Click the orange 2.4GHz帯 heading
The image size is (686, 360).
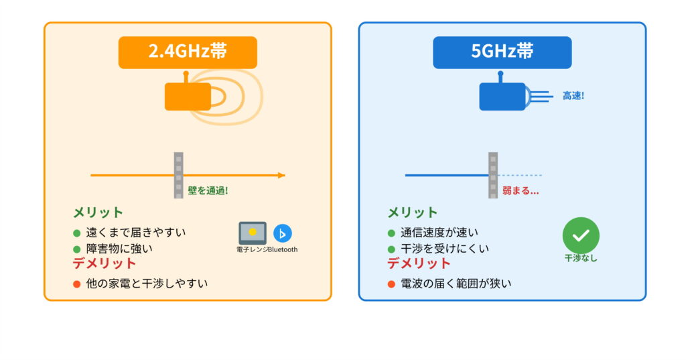(188, 52)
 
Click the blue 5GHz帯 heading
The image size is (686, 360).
(502, 52)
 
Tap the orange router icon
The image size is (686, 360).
(188, 97)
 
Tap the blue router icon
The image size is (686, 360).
(502, 97)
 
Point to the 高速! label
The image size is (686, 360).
(573, 96)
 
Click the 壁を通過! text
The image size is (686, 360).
(208, 190)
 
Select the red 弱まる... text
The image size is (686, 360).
(521, 190)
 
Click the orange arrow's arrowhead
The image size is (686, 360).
(281, 176)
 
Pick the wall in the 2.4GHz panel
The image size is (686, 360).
(178, 175)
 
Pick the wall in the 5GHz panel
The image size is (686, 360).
(493, 175)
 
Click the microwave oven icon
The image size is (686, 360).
(253, 233)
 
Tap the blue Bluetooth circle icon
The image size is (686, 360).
(283, 233)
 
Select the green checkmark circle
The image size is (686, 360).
(581, 235)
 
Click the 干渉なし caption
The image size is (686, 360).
(581, 258)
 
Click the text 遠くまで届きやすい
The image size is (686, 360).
(136, 233)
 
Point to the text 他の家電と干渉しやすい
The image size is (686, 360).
(147, 284)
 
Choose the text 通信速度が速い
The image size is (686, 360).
(439, 233)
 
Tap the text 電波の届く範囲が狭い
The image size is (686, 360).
(456, 284)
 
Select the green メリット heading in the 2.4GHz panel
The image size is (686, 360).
(98, 213)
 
